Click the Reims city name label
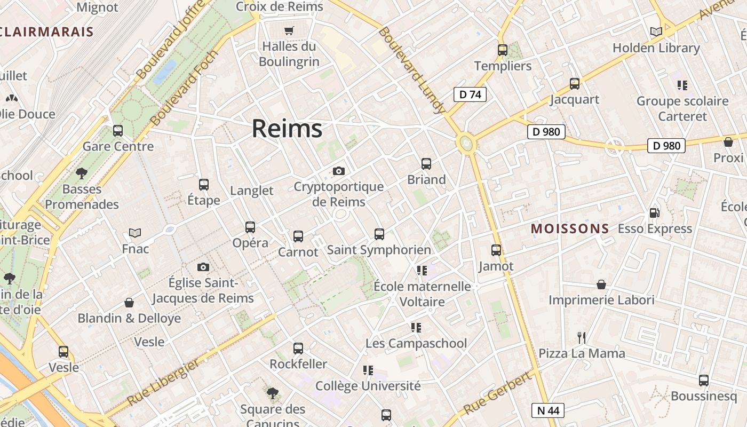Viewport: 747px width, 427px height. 287,129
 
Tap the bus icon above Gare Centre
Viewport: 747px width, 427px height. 118,130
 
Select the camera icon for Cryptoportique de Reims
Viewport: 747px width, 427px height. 338,171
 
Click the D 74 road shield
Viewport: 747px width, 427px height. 470,94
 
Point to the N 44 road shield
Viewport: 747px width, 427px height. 548,410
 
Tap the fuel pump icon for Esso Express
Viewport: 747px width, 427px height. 654,212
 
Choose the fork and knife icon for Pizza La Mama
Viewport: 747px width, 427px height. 582,337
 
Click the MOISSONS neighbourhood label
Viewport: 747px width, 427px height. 570,229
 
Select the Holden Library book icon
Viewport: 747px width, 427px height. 656,31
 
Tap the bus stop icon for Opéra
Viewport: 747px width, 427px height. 250,227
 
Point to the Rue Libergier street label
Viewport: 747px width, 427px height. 163,382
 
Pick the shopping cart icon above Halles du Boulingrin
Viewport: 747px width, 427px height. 289,30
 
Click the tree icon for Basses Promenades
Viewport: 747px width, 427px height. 82,173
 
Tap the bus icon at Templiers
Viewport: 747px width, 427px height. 503,50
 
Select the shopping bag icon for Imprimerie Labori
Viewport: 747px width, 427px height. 601,284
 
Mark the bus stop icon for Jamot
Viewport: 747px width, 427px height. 496,250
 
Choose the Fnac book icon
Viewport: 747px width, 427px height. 135,233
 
